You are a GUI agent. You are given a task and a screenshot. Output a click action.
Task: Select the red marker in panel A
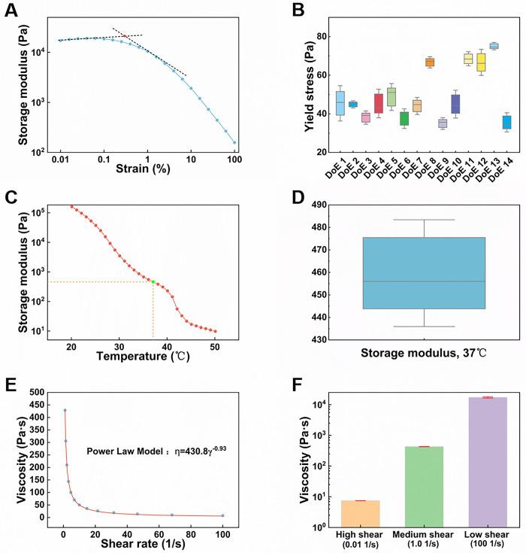tap(125, 37)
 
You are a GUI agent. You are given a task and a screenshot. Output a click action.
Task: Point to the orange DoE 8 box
tap(408, 62)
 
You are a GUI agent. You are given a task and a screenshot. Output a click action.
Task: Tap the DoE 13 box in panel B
tap(494, 46)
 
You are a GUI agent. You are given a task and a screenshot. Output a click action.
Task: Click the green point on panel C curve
tap(153, 281)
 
